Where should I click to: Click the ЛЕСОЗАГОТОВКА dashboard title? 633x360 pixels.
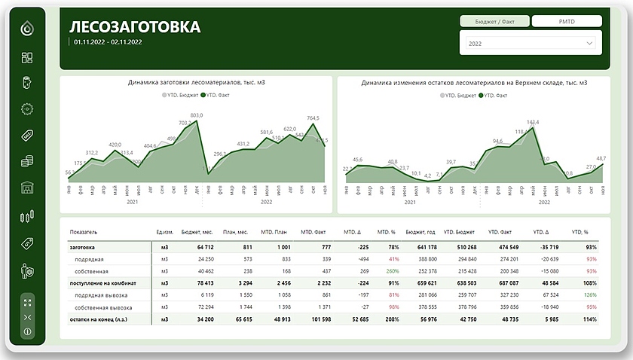136,27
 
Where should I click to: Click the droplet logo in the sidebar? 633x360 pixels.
28,29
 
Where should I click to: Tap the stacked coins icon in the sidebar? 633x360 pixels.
28,161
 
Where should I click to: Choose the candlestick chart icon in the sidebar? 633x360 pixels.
28,217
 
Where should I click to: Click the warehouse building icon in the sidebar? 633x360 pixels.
28,188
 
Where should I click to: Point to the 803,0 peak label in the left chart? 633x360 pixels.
196,115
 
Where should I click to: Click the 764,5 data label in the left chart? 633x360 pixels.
313,118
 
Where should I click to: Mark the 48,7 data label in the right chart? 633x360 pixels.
601,158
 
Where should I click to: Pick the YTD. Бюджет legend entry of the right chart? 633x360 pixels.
460,96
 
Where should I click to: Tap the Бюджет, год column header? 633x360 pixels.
420,232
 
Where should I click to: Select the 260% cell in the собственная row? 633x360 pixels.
392,270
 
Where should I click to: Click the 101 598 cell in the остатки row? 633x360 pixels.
318,319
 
